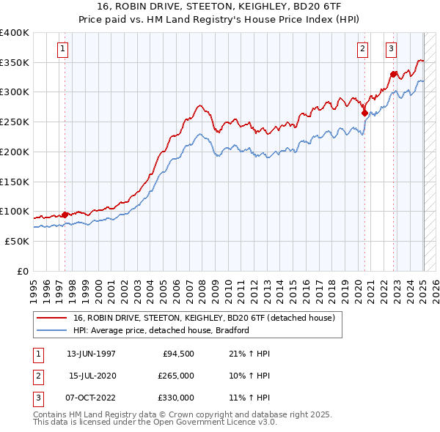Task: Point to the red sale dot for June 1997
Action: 65,215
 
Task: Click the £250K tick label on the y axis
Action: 14,122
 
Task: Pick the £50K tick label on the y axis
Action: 17,241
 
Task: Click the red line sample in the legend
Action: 51,318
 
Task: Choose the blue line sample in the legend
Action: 51,330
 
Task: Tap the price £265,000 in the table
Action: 176,376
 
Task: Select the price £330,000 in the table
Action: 176,398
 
